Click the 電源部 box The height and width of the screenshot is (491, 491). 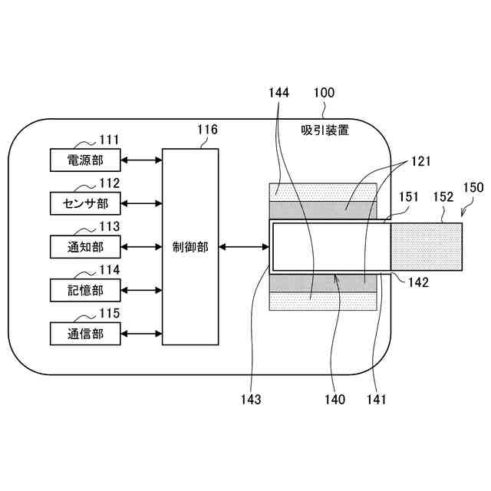(x=84, y=160)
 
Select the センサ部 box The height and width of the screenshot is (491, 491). (x=84, y=203)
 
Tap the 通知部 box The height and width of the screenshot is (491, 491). (x=84, y=246)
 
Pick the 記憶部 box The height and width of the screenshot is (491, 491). (x=84, y=290)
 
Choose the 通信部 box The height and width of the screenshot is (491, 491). (x=84, y=334)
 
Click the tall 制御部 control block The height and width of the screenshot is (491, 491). (x=190, y=246)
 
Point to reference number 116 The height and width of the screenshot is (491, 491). (x=208, y=130)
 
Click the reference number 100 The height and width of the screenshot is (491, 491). (x=324, y=93)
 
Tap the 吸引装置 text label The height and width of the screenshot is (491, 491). (x=325, y=130)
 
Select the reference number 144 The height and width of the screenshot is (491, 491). (x=279, y=93)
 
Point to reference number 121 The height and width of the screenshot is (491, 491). (x=420, y=162)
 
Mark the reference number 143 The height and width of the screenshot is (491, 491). (x=250, y=399)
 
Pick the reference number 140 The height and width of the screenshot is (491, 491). (x=334, y=399)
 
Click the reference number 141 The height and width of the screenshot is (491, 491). (x=376, y=399)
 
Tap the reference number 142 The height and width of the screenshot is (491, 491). (x=418, y=282)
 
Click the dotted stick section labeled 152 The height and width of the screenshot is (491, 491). (x=426, y=246)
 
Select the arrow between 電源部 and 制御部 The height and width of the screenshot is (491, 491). (x=141, y=160)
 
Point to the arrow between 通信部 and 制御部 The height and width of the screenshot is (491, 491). (x=141, y=334)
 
